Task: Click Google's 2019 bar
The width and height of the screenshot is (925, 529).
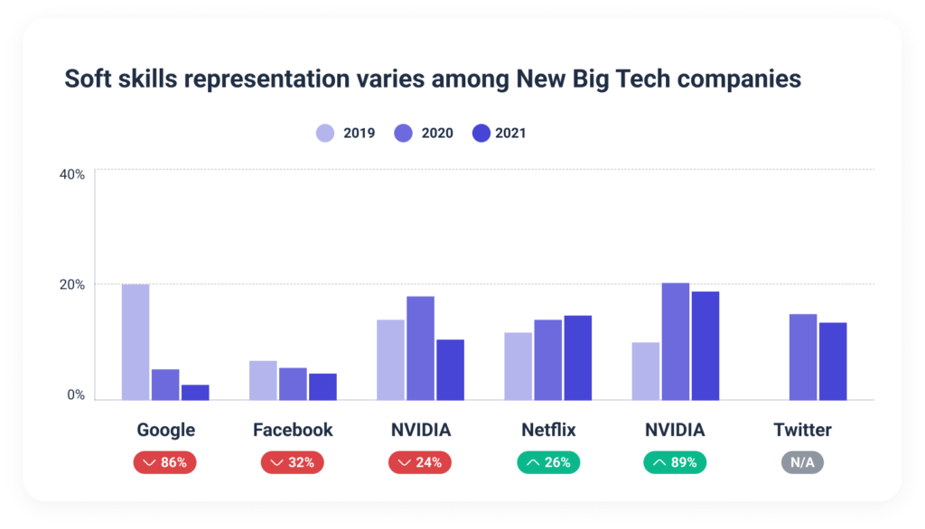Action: pos(135,342)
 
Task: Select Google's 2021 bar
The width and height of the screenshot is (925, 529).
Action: pos(195,392)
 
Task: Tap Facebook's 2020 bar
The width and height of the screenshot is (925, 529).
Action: pos(293,384)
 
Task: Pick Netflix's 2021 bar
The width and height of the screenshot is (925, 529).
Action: pos(577,357)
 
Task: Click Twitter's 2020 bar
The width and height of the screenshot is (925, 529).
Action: pos(803,357)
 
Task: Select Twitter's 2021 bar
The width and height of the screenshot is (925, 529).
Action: pos(833,361)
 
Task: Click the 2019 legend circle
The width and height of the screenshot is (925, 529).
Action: pos(325,134)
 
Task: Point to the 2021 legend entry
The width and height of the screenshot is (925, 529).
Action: pos(500,134)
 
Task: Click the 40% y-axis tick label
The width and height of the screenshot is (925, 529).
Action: pos(72,174)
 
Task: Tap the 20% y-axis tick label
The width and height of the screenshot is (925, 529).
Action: pos(72,285)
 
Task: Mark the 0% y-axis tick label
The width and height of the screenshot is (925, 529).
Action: pos(76,395)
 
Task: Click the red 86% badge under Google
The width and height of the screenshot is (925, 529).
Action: pos(165,462)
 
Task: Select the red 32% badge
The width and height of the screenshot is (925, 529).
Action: pos(293,462)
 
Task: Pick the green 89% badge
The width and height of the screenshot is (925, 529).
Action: pos(675,462)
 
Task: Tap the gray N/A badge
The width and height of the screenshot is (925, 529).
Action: pos(802,462)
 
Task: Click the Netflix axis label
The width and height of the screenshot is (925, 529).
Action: pos(548,430)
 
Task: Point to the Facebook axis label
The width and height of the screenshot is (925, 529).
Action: pos(293,430)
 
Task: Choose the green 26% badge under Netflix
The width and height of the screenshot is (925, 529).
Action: pos(548,462)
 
